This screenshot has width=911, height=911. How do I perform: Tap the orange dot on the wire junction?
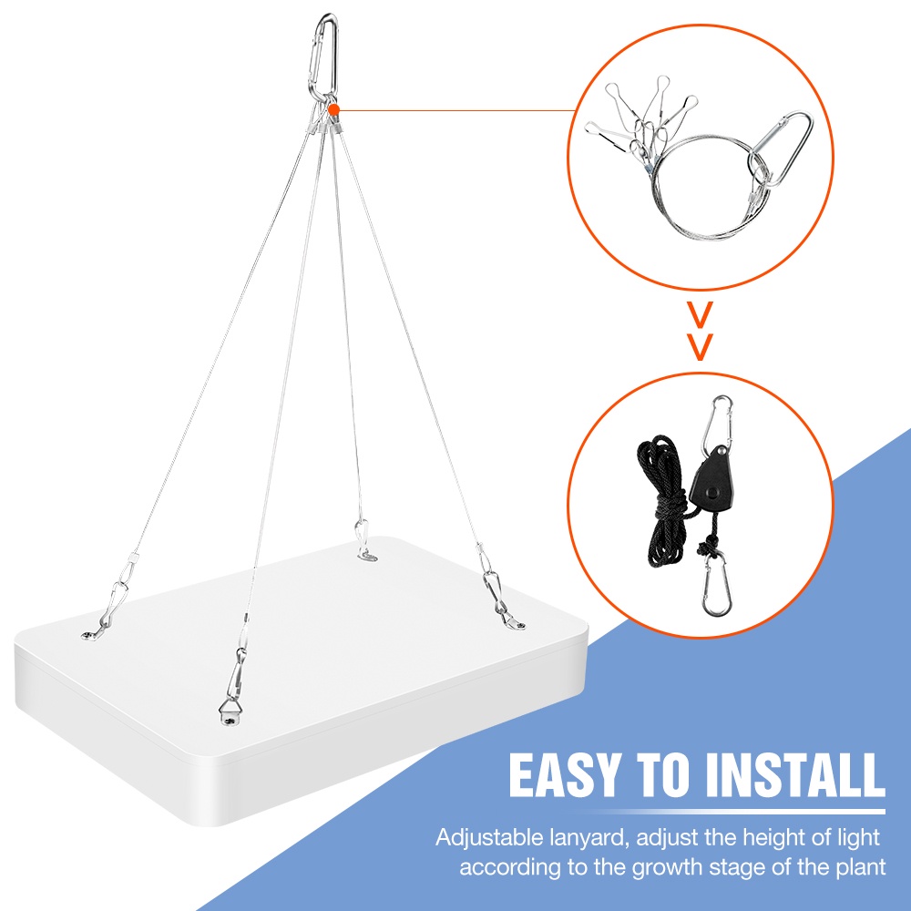333,109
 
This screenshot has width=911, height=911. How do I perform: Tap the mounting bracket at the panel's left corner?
91,635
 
